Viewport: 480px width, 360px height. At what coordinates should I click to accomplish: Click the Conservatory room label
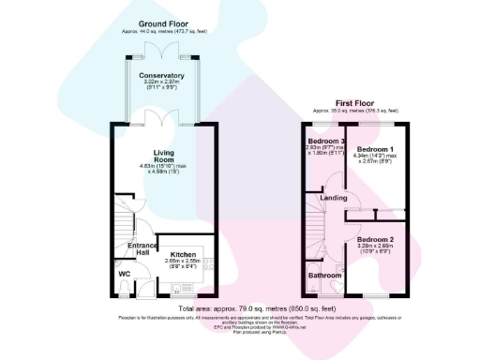coord(161,75)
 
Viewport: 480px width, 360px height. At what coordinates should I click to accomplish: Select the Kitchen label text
coord(183,254)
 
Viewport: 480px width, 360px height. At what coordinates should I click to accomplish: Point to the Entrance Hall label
coord(141,250)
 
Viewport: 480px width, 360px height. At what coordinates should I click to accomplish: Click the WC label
coord(124,274)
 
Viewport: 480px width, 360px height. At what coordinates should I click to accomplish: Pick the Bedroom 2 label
coord(375,239)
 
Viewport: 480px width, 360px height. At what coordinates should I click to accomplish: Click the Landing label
coord(333,198)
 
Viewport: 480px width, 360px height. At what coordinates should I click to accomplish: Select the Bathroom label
coord(327,275)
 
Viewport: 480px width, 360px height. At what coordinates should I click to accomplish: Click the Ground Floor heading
coord(162,22)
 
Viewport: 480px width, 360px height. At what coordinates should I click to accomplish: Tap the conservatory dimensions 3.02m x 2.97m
coord(161,83)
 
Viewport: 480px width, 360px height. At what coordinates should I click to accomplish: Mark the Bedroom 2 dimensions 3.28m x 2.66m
coord(375,247)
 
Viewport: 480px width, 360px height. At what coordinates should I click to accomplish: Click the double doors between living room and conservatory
coord(161,121)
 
